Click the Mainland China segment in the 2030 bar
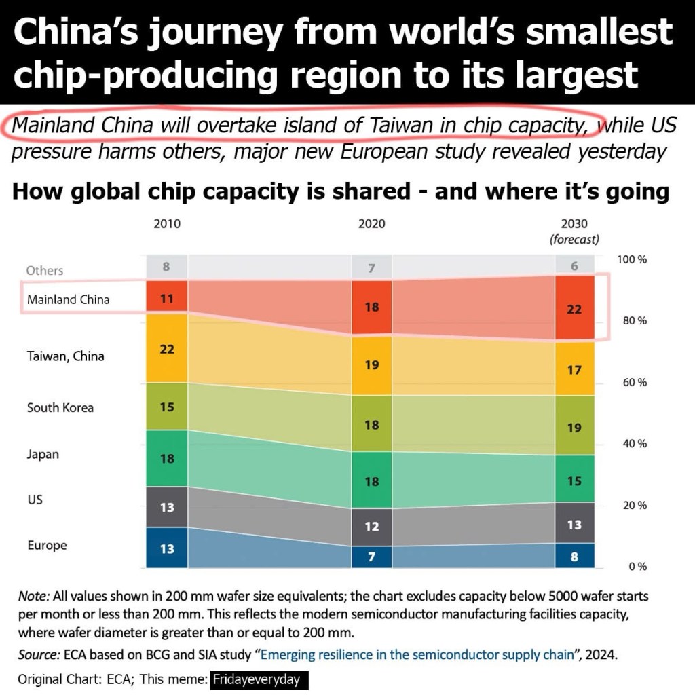(574, 308)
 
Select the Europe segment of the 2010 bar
(167, 548)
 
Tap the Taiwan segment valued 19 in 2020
(371, 364)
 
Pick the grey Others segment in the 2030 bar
(574, 265)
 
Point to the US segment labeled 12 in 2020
(371, 527)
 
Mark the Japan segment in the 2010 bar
(167, 458)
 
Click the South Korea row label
(60, 408)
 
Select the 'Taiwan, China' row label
(66, 356)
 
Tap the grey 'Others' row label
(45, 270)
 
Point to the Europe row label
(47, 545)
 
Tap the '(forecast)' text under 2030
(574, 240)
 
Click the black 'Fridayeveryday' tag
(259, 679)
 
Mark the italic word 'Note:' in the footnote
(34, 597)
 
